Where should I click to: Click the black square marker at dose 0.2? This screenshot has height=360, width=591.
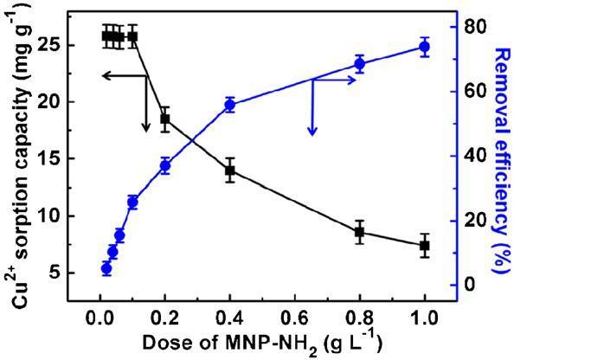click(164, 119)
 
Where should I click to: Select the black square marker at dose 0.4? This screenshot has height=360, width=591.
click(230, 170)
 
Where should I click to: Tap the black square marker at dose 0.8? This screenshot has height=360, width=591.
click(359, 232)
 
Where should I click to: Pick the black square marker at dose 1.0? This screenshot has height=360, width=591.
click(424, 246)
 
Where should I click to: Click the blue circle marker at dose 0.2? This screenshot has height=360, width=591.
click(164, 166)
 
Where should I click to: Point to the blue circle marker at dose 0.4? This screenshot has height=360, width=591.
click(230, 105)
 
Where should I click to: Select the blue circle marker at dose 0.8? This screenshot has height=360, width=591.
click(359, 63)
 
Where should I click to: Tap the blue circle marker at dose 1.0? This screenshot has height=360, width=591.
click(424, 48)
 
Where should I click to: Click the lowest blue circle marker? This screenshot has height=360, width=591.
click(106, 269)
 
